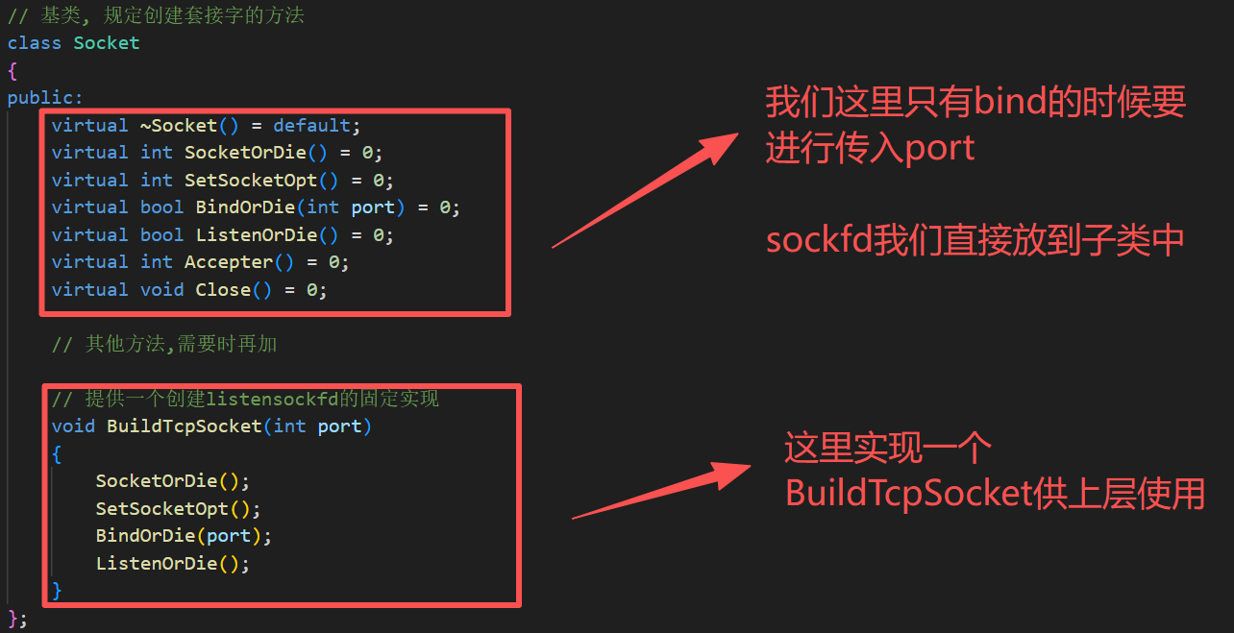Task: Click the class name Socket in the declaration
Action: (106, 43)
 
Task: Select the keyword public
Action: (42, 98)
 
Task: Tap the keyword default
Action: (311, 126)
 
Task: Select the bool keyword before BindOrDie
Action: (161, 207)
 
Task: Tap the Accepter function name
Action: (228, 262)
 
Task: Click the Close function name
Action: (223, 290)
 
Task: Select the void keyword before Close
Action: (161, 290)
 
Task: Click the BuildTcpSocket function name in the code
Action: (184, 426)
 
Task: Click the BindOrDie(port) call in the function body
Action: (184, 536)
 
